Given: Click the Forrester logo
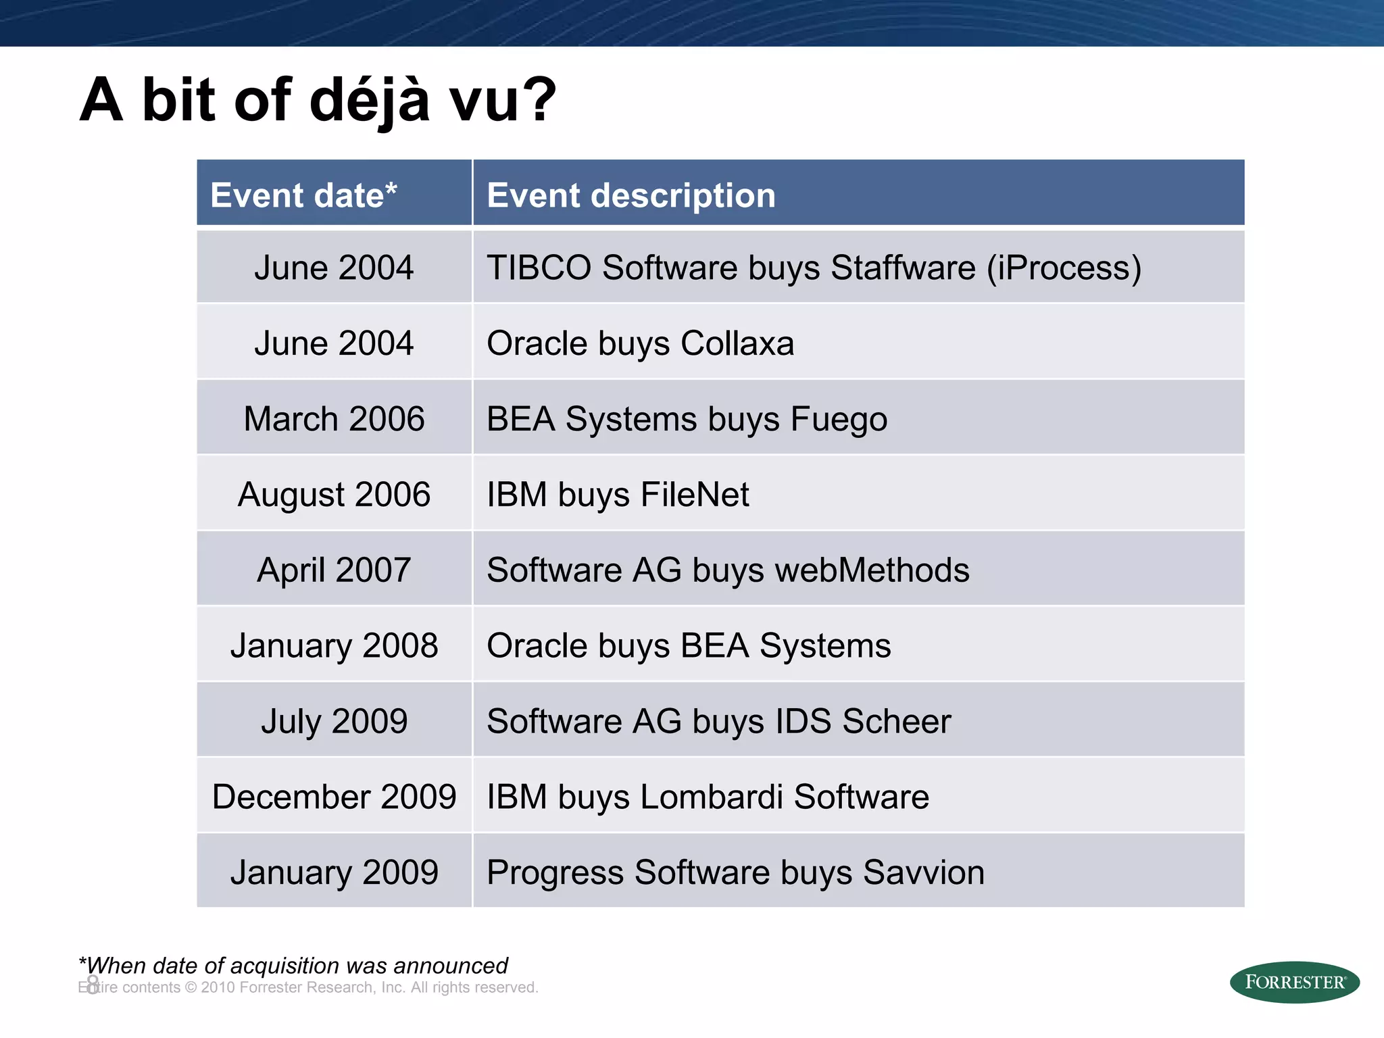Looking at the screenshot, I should [1294, 982].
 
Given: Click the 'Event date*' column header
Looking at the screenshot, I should [303, 195].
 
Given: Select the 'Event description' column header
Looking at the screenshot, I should [631, 195].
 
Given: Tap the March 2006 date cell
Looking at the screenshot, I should [334, 419].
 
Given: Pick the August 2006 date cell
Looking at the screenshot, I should [334, 495].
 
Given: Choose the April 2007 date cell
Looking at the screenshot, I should [334, 570].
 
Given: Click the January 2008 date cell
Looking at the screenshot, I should [334, 646].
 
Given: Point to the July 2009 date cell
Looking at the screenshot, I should [334, 722].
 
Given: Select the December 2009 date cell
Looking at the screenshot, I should [334, 797].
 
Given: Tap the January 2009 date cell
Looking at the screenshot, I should [334, 873].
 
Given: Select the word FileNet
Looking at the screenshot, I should [694, 495].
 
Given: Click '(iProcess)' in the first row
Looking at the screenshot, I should [1064, 268].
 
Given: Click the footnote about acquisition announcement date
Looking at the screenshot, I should [293, 966].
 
